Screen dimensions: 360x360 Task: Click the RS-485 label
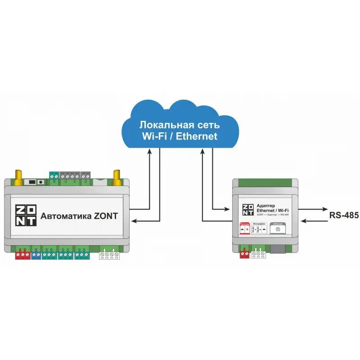pos(344,215)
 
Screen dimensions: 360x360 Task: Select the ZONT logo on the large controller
pos(26,216)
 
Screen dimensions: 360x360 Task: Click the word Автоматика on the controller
pos(67,216)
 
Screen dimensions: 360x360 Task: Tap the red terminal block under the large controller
pos(22,255)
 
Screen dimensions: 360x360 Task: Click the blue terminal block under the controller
pos(36,255)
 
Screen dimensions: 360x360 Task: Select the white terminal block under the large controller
pos(109,255)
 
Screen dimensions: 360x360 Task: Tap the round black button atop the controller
pos(40,182)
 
